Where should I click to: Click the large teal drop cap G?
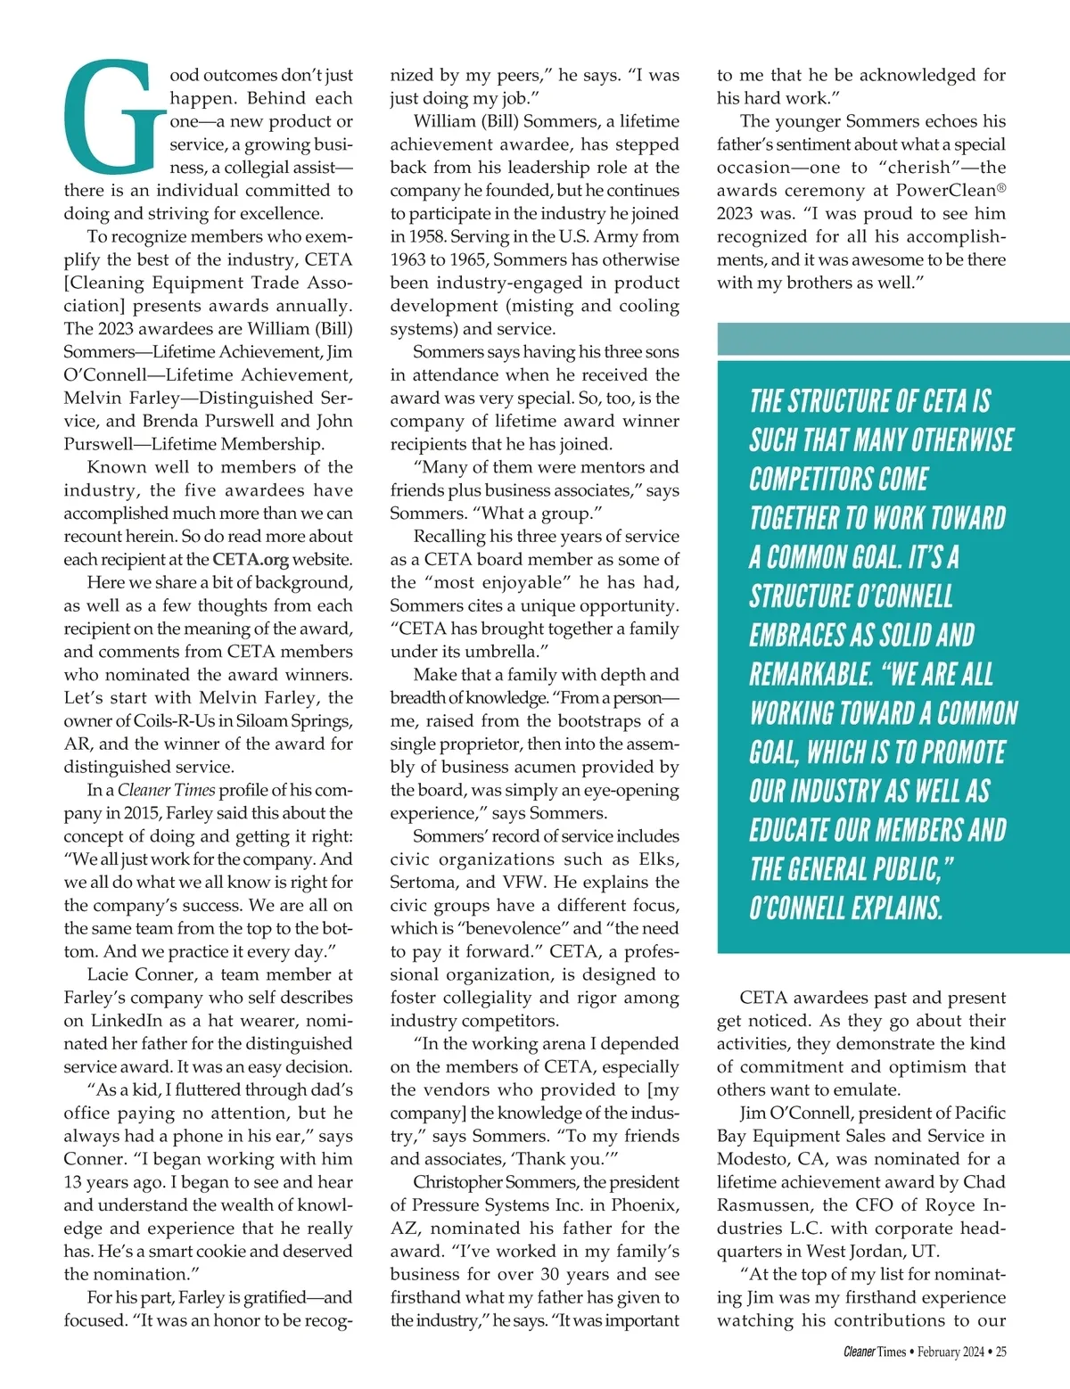(x=114, y=118)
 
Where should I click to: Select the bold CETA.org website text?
(x=251, y=560)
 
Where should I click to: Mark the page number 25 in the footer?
(x=1001, y=1352)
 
